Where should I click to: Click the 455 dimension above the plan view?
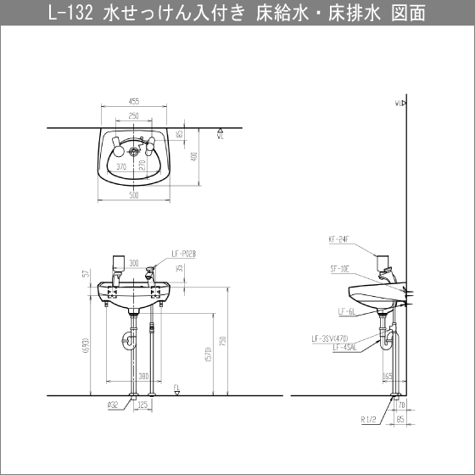[x=134, y=101]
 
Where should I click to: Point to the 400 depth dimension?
[x=193, y=159]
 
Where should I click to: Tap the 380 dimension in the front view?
[x=143, y=374]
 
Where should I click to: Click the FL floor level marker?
[x=176, y=388]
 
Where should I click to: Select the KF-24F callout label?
[x=337, y=240]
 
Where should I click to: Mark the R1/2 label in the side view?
[x=368, y=417]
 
